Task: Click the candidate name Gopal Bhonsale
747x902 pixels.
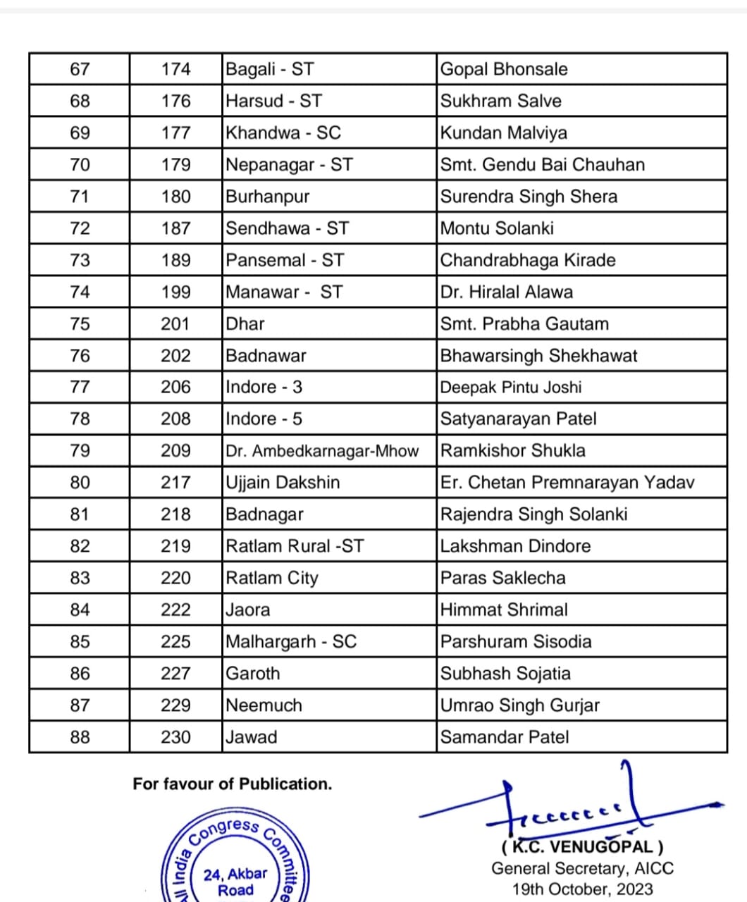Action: (x=503, y=69)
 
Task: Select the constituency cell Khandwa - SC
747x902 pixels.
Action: (x=283, y=132)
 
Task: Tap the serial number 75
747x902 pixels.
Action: (x=80, y=323)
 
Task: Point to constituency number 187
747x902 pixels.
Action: (x=175, y=228)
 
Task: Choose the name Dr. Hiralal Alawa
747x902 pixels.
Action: (x=506, y=292)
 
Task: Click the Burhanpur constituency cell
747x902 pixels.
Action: (x=267, y=197)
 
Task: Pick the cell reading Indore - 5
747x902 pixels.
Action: (x=264, y=419)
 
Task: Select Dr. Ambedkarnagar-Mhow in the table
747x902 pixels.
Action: (x=322, y=451)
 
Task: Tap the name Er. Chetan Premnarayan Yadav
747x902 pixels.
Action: (x=567, y=483)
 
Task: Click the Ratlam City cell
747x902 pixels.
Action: (x=271, y=578)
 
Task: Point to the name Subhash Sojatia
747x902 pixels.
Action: (x=505, y=674)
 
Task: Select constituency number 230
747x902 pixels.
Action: (x=175, y=737)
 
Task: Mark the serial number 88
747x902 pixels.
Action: (x=80, y=737)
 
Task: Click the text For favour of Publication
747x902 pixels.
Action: (x=232, y=784)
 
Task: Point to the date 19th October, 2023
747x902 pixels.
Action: (x=582, y=889)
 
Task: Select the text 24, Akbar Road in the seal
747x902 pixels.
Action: (x=235, y=882)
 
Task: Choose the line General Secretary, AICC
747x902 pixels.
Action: (x=582, y=868)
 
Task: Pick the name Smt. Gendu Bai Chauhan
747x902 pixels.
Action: (x=542, y=165)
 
